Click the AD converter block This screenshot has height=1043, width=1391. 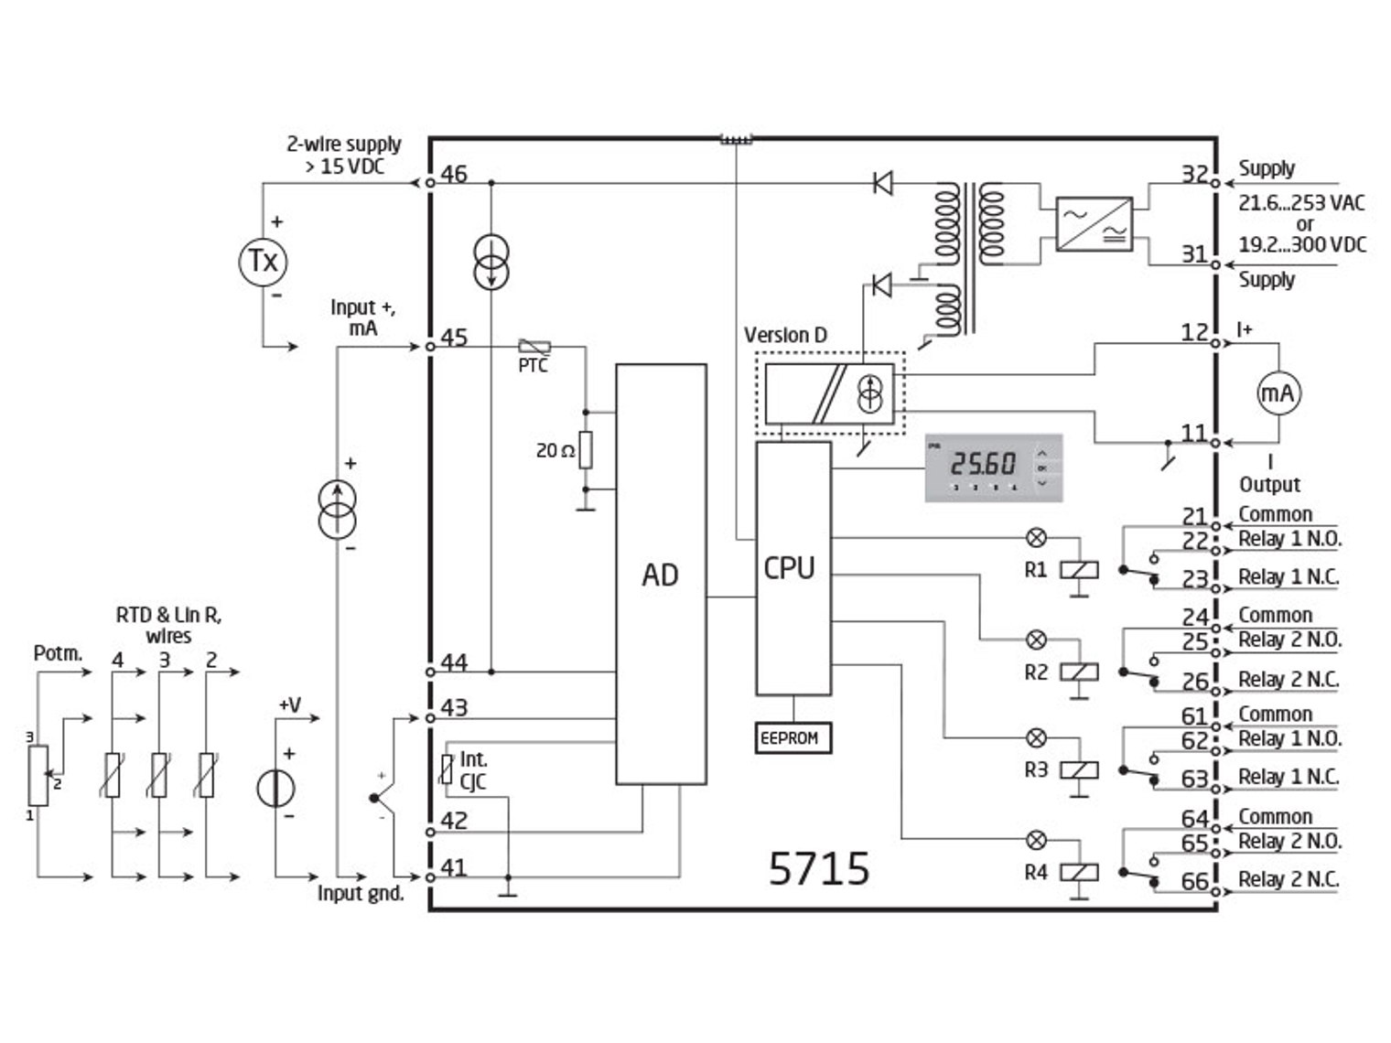660,574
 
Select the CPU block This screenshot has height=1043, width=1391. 793,568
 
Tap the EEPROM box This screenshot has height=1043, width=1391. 793,737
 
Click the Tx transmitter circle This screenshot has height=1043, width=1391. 263,262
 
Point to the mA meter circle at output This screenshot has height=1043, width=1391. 1278,393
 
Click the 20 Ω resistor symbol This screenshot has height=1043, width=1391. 586,450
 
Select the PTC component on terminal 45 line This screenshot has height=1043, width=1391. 534,347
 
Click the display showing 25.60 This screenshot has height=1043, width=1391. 993,467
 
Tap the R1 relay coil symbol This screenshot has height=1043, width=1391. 1079,570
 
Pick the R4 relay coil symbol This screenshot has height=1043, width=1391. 1079,873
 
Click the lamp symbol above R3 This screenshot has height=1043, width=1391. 1037,737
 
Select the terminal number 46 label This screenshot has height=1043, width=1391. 454,174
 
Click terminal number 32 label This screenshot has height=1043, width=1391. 1193,173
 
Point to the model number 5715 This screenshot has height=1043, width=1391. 818,868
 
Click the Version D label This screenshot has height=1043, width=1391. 785,335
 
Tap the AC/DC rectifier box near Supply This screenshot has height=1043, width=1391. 1094,223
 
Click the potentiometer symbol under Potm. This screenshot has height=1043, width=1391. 38,775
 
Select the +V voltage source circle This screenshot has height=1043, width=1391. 275,788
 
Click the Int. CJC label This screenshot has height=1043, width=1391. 473,770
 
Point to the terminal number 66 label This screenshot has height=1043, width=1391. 1194,881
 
